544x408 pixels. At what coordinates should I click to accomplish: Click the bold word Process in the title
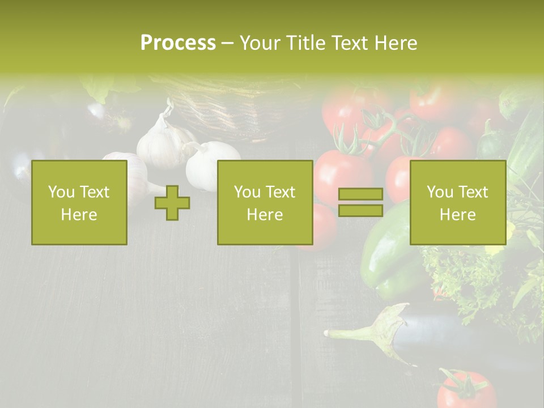[178, 42]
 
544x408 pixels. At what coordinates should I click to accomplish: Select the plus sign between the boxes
[172, 203]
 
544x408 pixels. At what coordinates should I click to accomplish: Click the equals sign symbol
[360, 203]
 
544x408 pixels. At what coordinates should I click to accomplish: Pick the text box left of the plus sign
[79, 203]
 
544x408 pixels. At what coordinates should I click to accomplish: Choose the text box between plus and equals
[265, 203]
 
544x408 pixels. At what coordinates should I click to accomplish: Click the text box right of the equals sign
[457, 203]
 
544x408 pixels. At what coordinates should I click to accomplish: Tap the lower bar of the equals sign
[360, 211]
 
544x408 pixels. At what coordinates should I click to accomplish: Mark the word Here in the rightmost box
[457, 214]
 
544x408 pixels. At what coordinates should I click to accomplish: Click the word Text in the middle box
[280, 192]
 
